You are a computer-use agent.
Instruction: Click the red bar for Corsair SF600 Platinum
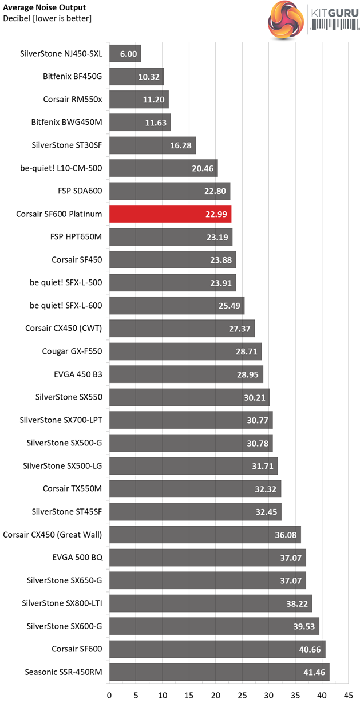pyautogui.click(x=170, y=214)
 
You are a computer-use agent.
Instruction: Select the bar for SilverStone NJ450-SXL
pyautogui.click(x=125, y=54)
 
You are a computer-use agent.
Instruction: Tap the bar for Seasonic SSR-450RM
pyautogui.click(x=219, y=672)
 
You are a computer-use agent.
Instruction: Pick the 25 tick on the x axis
pyautogui.click(x=243, y=695)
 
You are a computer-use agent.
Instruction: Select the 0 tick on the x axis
pyautogui.click(x=109, y=695)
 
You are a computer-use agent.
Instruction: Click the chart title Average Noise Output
pyautogui.click(x=45, y=7)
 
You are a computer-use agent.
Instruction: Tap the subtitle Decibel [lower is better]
pyautogui.click(x=47, y=18)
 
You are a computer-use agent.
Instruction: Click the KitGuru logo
pyautogui.click(x=312, y=20)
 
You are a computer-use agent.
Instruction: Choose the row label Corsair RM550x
pyautogui.click(x=73, y=100)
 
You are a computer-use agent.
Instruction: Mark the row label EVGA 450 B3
pyautogui.click(x=78, y=374)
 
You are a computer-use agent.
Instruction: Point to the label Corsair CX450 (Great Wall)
pyautogui.click(x=52, y=535)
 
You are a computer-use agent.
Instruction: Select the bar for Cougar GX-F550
pyautogui.click(x=185, y=351)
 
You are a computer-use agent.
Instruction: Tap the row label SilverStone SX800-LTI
pyautogui.click(x=62, y=603)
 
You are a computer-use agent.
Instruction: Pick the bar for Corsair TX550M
pyautogui.click(x=195, y=489)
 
